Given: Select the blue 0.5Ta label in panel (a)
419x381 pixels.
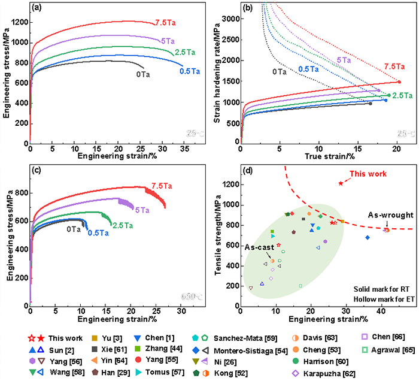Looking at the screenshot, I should tap(190, 71).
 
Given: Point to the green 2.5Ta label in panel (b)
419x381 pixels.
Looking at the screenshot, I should tap(403, 95).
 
